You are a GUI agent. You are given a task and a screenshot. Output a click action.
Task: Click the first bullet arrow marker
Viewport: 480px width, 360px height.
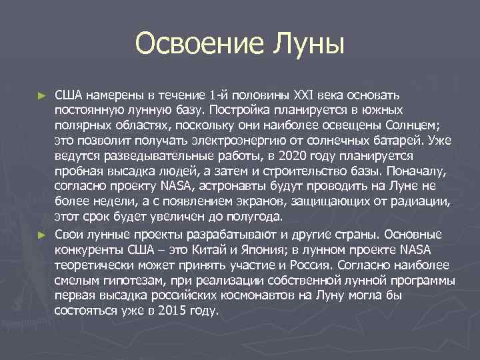pyautogui.click(x=41, y=96)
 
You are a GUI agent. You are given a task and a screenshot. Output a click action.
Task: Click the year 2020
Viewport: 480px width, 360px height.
pyautogui.click(x=285, y=156)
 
